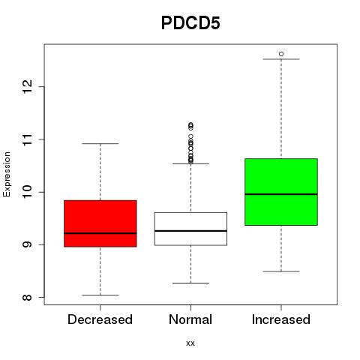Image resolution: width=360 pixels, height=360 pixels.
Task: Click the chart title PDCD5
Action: point(190,23)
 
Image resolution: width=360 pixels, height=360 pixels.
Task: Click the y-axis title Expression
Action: point(7,174)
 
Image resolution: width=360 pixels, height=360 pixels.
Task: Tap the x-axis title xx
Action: point(190,343)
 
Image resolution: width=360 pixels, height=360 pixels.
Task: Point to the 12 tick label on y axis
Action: point(27,87)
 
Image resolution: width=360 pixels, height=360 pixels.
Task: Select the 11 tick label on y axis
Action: point(27,139)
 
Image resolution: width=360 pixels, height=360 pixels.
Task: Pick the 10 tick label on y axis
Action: point(27,192)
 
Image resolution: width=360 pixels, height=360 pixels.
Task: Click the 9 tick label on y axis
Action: point(27,244)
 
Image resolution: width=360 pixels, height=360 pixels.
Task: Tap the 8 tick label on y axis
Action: point(27,297)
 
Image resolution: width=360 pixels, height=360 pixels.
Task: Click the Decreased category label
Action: point(100,319)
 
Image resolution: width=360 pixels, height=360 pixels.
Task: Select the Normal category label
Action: point(190,319)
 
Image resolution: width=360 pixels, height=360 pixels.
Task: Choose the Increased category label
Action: point(281,319)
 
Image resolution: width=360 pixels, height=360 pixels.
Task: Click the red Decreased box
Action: point(100,223)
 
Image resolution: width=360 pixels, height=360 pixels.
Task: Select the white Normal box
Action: point(190,229)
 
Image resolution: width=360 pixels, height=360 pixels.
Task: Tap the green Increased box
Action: point(281,192)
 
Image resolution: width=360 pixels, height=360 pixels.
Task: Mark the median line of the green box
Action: point(281,194)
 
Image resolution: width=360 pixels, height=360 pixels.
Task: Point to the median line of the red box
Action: point(100,233)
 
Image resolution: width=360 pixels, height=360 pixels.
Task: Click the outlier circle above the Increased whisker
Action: point(281,54)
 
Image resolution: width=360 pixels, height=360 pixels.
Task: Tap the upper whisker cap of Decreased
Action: point(100,144)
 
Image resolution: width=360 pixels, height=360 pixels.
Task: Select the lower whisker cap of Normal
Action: point(190,283)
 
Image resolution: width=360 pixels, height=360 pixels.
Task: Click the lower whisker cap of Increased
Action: point(281,271)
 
